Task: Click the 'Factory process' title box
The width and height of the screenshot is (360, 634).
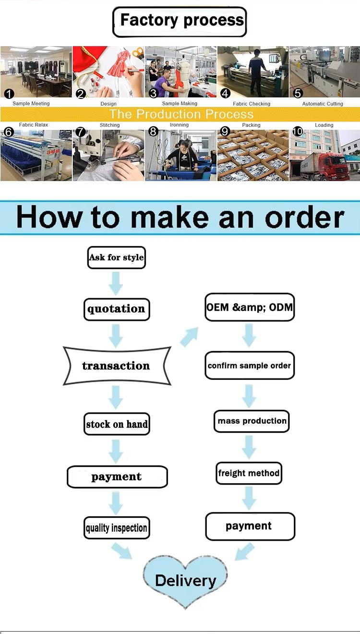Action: pyautogui.click(x=180, y=22)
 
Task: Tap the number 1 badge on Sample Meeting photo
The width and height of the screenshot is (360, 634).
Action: pyautogui.click(x=9, y=94)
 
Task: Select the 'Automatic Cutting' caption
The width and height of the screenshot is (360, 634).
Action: pyautogui.click(x=323, y=104)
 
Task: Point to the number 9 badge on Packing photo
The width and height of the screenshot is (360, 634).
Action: pyautogui.click(x=225, y=131)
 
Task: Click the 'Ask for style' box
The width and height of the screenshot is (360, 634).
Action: pyautogui.click(x=117, y=257)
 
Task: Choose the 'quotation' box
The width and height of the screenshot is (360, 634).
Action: pyautogui.click(x=117, y=309)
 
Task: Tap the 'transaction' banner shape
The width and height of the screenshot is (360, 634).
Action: pyautogui.click(x=117, y=366)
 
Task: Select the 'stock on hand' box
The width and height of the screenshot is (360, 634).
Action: pyautogui.click(x=117, y=424)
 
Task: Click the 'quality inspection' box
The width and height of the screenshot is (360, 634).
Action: pyautogui.click(x=117, y=527)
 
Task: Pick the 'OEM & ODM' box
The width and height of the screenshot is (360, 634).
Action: pyautogui.click(x=250, y=307)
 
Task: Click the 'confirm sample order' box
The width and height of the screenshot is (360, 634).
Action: pyautogui.click(x=250, y=366)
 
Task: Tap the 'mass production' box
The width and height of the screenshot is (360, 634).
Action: pyautogui.click(x=252, y=421)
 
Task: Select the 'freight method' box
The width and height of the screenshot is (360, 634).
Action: pyautogui.click(x=249, y=473)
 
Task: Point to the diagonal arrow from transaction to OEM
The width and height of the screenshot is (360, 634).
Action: pyautogui.click(x=190, y=337)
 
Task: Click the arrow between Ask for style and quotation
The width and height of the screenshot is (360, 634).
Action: pyautogui.click(x=116, y=283)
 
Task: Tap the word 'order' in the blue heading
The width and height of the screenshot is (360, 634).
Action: pyautogui.click(x=305, y=218)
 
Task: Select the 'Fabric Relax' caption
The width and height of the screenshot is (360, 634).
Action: pyautogui.click(x=34, y=125)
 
